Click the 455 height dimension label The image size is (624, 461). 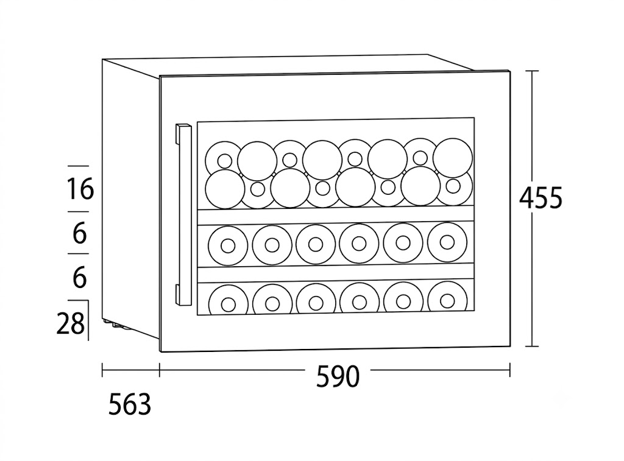pyautogui.click(x=541, y=198)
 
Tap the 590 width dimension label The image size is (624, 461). pyautogui.click(x=338, y=376)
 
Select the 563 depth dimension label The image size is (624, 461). pyautogui.click(x=130, y=404)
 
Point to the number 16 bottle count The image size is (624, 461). pyautogui.click(x=80, y=189)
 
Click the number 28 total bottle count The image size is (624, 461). pyautogui.click(x=70, y=323)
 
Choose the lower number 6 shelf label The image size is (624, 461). pyautogui.click(x=80, y=277)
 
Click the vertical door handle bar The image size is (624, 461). pyautogui.click(x=184, y=215)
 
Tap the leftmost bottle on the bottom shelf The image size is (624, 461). pyautogui.click(x=228, y=304)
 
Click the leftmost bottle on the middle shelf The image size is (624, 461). pyautogui.click(x=228, y=246)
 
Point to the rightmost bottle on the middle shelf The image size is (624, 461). pyautogui.click(x=447, y=241)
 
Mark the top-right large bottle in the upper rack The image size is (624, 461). pyautogui.click(x=453, y=158)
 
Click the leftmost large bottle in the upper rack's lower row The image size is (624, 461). pyautogui.click(x=225, y=189)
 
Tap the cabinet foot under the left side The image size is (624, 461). pyautogui.click(x=118, y=324)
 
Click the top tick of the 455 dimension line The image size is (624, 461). pyautogui.click(x=532, y=71)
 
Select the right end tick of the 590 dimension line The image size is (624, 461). pyautogui.click(x=510, y=370)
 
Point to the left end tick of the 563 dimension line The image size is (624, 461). pyautogui.click(x=102, y=370)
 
